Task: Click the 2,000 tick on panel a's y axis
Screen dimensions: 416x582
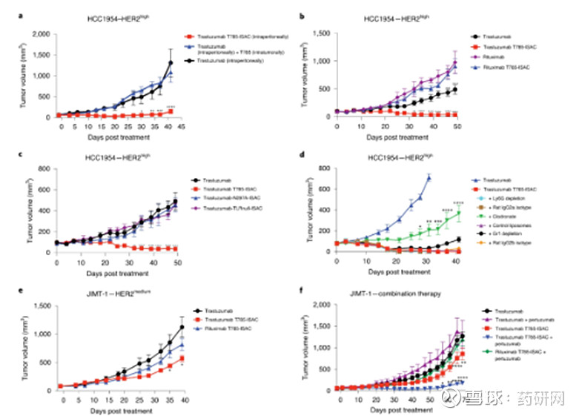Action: [x=42, y=35]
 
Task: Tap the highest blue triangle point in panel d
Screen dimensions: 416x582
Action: [x=429, y=177]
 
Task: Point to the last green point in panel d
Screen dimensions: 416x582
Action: [x=460, y=214]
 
